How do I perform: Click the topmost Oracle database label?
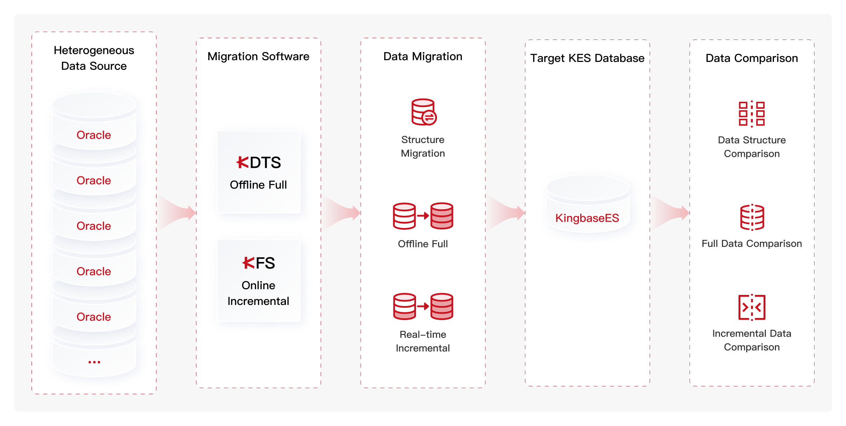[x=94, y=135]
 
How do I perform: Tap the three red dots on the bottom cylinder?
[x=94, y=362]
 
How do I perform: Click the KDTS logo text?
[x=258, y=162]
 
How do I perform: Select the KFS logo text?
[x=258, y=263]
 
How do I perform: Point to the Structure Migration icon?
[x=424, y=112]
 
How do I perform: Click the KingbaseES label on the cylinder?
[x=587, y=218]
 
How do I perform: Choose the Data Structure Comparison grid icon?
[x=751, y=113]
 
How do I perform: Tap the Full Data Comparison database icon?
[x=752, y=217]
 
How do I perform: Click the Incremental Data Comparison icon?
[x=752, y=307]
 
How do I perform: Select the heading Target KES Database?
[x=587, y=58]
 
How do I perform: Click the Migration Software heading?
[x=258, y=56]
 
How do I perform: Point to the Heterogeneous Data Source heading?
[x=94, y=58]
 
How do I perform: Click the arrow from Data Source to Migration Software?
[x=176, y=213]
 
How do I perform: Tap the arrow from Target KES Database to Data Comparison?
[x=670, y=213]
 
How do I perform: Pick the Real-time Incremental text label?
[x=423, y=341]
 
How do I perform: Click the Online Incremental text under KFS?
[x=258, y=293]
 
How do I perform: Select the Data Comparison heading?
[x=752, y=58]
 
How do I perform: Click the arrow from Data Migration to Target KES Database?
[x=506, y=213]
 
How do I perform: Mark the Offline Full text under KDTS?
[x=258, y=185]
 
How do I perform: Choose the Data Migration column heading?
[x=423, y=56]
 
